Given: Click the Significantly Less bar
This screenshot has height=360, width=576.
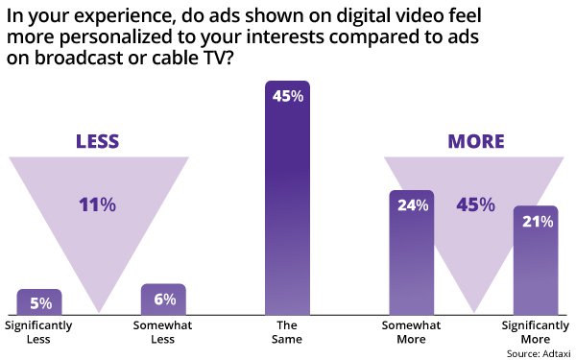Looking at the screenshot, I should pos(39,302).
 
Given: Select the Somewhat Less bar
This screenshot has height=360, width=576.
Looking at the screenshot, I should pos(163,300).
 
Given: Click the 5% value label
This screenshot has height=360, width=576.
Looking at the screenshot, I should pos(39,302).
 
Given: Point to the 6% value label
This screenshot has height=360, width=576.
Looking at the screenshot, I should pos(163,299).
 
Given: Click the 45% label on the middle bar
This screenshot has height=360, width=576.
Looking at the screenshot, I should pos(287,96).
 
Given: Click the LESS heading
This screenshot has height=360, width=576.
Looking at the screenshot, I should pos(97,141).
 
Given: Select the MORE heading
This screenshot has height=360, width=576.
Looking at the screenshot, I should pos(475,141).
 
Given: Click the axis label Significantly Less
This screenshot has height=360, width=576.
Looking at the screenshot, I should pos(39,332).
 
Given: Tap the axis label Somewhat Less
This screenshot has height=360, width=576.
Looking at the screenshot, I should pos(163,332).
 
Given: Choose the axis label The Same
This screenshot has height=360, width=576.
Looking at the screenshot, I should pos(287,332).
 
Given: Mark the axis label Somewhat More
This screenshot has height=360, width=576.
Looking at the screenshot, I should pos(411,332).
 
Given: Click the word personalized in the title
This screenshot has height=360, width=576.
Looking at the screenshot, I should pos(104,36).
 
